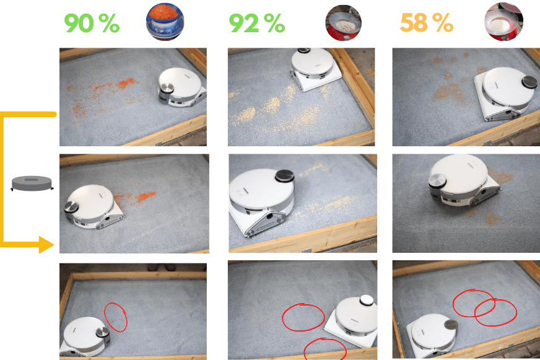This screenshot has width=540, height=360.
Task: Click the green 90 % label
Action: click(92, 23)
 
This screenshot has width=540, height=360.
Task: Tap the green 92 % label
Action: click(257, 23)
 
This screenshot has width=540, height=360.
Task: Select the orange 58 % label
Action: click(426, 23)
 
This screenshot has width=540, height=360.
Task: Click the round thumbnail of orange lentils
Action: click(165, 21)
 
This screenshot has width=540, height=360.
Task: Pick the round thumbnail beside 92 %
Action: click(343, 23)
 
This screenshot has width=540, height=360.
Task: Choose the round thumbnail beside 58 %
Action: click(503, 21)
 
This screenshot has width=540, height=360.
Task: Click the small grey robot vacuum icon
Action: click(32, 183)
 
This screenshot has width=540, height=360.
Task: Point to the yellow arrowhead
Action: click(46, 245)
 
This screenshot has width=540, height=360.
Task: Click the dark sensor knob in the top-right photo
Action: click(529, 82)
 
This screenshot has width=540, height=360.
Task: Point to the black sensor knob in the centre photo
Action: click(285, 176)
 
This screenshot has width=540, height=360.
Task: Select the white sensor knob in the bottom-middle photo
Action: click(367, 301)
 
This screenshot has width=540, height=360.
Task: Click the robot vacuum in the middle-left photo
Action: click(94, 207)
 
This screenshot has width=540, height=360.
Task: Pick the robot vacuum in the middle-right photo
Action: click(464, 182)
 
